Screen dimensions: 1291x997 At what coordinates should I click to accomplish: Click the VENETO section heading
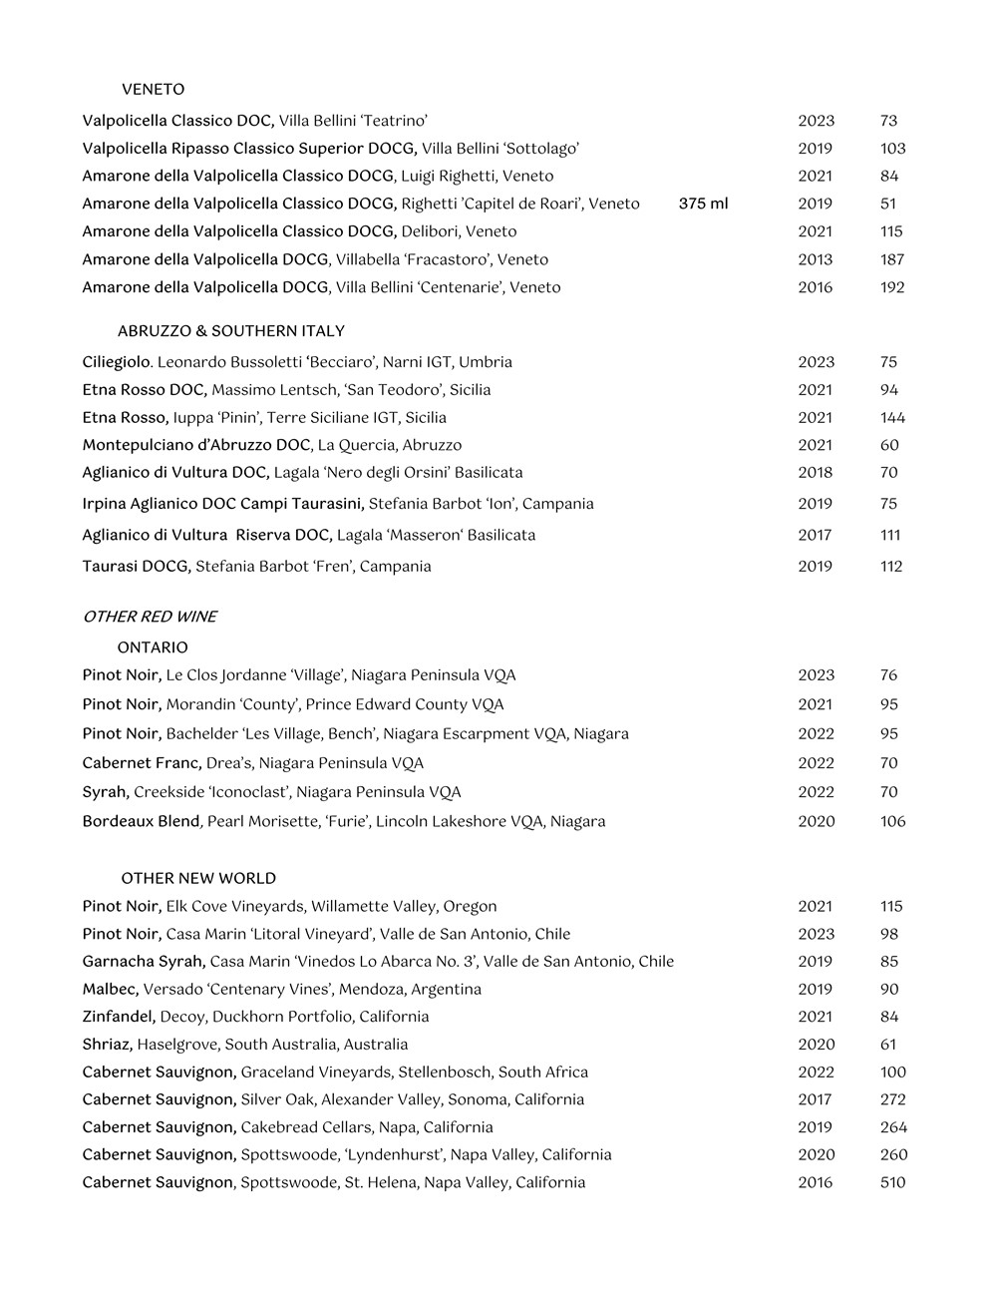[x=153, y=90]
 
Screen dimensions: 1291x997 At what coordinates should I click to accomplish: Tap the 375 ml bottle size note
[x=703, y=204]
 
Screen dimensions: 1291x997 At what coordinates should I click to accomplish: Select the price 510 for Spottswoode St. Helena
[x=892, y=1182]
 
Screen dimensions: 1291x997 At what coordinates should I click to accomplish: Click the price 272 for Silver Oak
[x=892, y=1099]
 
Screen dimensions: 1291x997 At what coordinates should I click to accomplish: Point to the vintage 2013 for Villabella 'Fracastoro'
[x=815, y=259]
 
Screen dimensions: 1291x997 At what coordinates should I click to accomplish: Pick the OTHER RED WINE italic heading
[x=150, y=617]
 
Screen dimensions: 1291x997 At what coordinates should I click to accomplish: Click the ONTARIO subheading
[x=153, y=647]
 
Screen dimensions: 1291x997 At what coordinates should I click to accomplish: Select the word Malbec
[x=110, y=989]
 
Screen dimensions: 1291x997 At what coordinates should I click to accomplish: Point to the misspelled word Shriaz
[x=107, y=1045]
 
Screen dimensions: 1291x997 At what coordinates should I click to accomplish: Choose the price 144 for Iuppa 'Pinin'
[x=892, y=418]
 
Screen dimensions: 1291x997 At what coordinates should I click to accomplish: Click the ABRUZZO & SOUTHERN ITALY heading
[x=230, y=331]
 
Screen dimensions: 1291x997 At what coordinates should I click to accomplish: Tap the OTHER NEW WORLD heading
[x=198, y=878]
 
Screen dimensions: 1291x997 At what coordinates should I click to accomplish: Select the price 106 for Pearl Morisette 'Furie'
[x=892, y=822]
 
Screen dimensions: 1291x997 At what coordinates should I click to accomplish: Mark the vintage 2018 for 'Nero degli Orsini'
[x=815, y=473]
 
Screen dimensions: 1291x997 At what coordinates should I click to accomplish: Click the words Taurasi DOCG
[x=137, y=567]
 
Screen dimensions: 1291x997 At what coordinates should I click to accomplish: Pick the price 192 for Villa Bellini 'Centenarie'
[x=892, y=287]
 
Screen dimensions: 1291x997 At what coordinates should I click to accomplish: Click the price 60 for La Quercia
[x=889, y=445]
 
